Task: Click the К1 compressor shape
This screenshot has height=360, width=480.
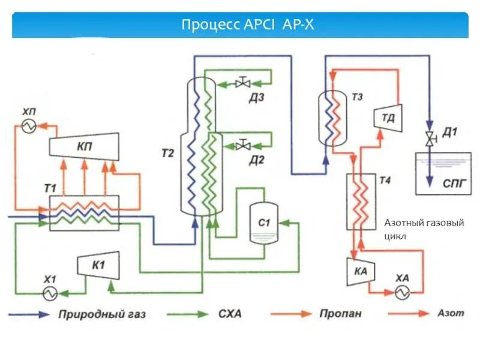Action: pos(97,265)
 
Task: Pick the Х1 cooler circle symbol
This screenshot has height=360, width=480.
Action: pos(48,292)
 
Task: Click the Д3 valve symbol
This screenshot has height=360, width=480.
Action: pos(243,83)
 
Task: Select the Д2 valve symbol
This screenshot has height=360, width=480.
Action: pos(243,146)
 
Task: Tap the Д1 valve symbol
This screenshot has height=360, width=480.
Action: pos(429,139)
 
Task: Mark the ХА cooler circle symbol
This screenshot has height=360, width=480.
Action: pos(401,292)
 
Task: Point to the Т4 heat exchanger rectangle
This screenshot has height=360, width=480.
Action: pos(361,201)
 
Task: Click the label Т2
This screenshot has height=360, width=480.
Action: pos(167,154)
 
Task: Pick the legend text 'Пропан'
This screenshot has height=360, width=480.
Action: pos(340,314)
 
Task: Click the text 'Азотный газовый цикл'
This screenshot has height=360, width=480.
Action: pos(423,229)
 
